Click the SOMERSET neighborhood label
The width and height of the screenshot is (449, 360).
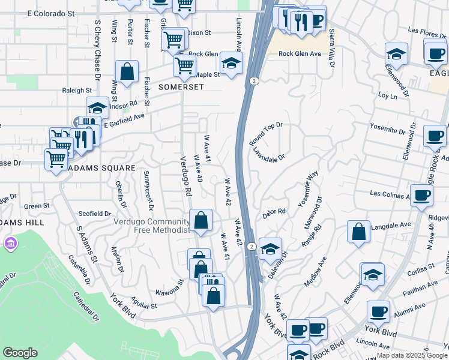click(181, 87)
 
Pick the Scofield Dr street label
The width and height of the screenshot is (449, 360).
click(95, 214)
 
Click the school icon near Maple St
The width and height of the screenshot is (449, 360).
click(231, 61)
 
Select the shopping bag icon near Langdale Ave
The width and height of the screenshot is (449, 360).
click(358, 232)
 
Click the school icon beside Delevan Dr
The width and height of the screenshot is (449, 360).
click(271, 248)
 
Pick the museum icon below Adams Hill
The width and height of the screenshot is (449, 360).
click(10, 244)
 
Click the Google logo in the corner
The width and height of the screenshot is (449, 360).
click(20, 353)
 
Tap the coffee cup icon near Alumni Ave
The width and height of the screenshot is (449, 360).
click(378, 311)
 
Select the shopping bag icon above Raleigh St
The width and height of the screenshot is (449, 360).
click(127, 71)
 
